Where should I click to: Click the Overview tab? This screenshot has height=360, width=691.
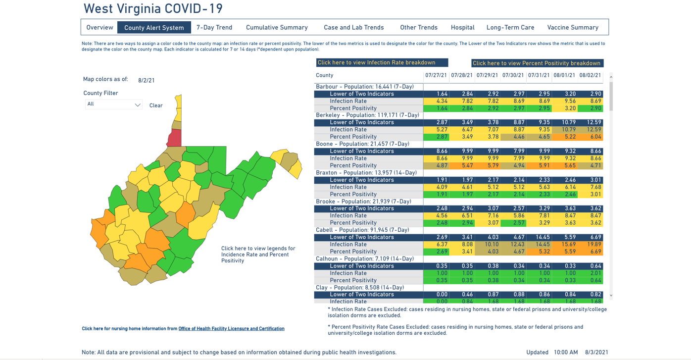coord(99,27)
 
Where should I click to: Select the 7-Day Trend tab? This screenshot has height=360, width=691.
coord(214,27)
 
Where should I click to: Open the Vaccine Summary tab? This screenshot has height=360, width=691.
coord(573,27)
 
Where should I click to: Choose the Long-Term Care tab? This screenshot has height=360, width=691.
coord(510,27)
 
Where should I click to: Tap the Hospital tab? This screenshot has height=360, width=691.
coord(462,27)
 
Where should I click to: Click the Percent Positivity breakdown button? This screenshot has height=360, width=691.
coord(537,63)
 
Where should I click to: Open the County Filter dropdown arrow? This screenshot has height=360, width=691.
coord(138,104)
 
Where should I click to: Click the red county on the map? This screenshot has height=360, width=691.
coord(174,138)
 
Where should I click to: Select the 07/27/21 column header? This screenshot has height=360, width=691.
coord(436,75)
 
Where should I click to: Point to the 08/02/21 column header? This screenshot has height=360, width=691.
coord(590,75)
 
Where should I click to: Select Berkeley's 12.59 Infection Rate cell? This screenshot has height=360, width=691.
coord(590,130)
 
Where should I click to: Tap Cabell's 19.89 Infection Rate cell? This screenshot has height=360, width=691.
coord(590,244)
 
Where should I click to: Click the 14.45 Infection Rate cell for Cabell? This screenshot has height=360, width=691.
coord(539,244)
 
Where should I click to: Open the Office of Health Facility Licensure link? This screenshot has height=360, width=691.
coord(231,328)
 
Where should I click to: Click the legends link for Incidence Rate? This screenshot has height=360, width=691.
coord(258,255)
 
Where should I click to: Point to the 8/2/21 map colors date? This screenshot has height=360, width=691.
coord(146,80)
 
